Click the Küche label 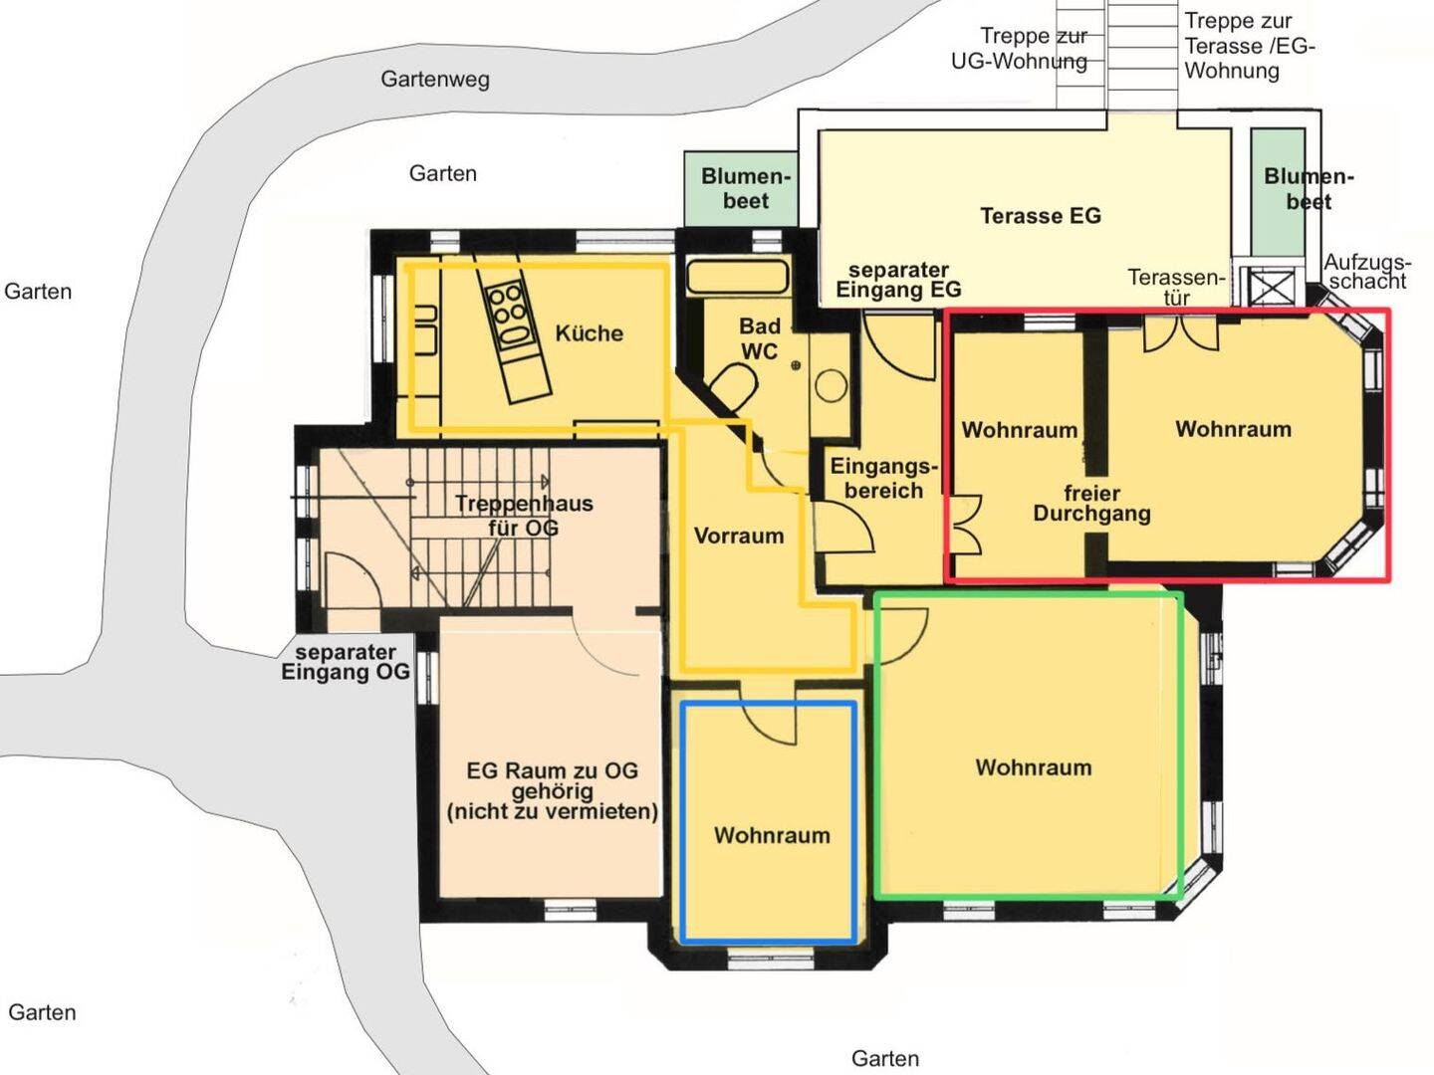[x=589, y=333]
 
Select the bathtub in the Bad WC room [x=737, y=277]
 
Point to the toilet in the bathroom [x=734, y=387]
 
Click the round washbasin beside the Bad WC [x=831, y=386]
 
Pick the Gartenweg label [x=435, y=80]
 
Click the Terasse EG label [x=1041, y=216]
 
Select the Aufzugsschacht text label [x=1367, y=272]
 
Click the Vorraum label [x=739, y=536]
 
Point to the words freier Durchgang [x=1091, y=504]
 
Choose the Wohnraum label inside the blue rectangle [x=772, y=835]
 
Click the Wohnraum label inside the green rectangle [x=1034, y=766]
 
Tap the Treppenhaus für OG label [x=524, y=515]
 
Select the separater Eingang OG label [x=345, y=662]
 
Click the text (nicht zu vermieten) [x=552, y=811]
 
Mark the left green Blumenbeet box [x=740, y=189]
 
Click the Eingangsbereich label [x=884, y=479]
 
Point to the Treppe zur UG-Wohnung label [x=1019, y=49]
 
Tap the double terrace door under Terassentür [x=1180, y=333]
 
